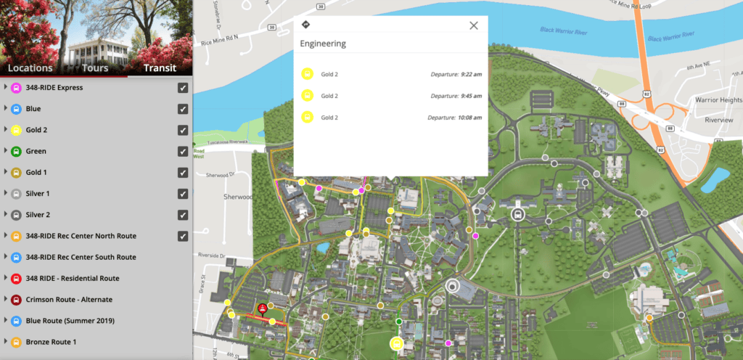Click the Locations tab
coord(30,68)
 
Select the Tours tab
coord(95,68)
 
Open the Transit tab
coord(160,68)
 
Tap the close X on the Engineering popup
coord(474,25)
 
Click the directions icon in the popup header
coord(305,25)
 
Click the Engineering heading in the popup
coord(324,44)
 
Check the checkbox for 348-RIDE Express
coord(183,88)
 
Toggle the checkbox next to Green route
coord(183,152)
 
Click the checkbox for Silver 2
coord(183,215)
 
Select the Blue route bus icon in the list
coord(15,109)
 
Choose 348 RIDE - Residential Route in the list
coord(73,278)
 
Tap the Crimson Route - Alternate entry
coord(69,299)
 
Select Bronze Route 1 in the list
coord(51,341)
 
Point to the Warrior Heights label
coord(717,100)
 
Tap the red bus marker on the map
coord(262,308)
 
